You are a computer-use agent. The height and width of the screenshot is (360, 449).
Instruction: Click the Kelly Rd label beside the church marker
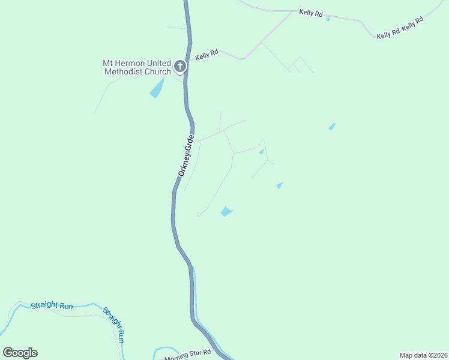pos(206,55)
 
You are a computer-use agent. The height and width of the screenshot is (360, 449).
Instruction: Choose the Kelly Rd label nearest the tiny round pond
pos(311,13)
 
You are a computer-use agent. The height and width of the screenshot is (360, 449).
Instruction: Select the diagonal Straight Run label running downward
pos(114,325)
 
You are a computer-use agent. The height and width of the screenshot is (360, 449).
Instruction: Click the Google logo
pos(20,353)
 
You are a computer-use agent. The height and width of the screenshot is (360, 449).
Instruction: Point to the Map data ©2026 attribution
pos(423,355)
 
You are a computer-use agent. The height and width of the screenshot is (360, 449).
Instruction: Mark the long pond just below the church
pos(157,88)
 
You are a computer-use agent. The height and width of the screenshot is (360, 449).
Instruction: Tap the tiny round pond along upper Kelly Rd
pos(328,19)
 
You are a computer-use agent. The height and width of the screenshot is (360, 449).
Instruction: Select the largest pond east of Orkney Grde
pos(226,211)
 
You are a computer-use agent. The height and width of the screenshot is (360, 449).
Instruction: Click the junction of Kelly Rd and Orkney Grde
pos(188,60)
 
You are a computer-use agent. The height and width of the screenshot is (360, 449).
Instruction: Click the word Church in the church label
pos(158,72)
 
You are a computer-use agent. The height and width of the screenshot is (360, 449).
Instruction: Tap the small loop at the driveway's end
pos(199,214)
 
